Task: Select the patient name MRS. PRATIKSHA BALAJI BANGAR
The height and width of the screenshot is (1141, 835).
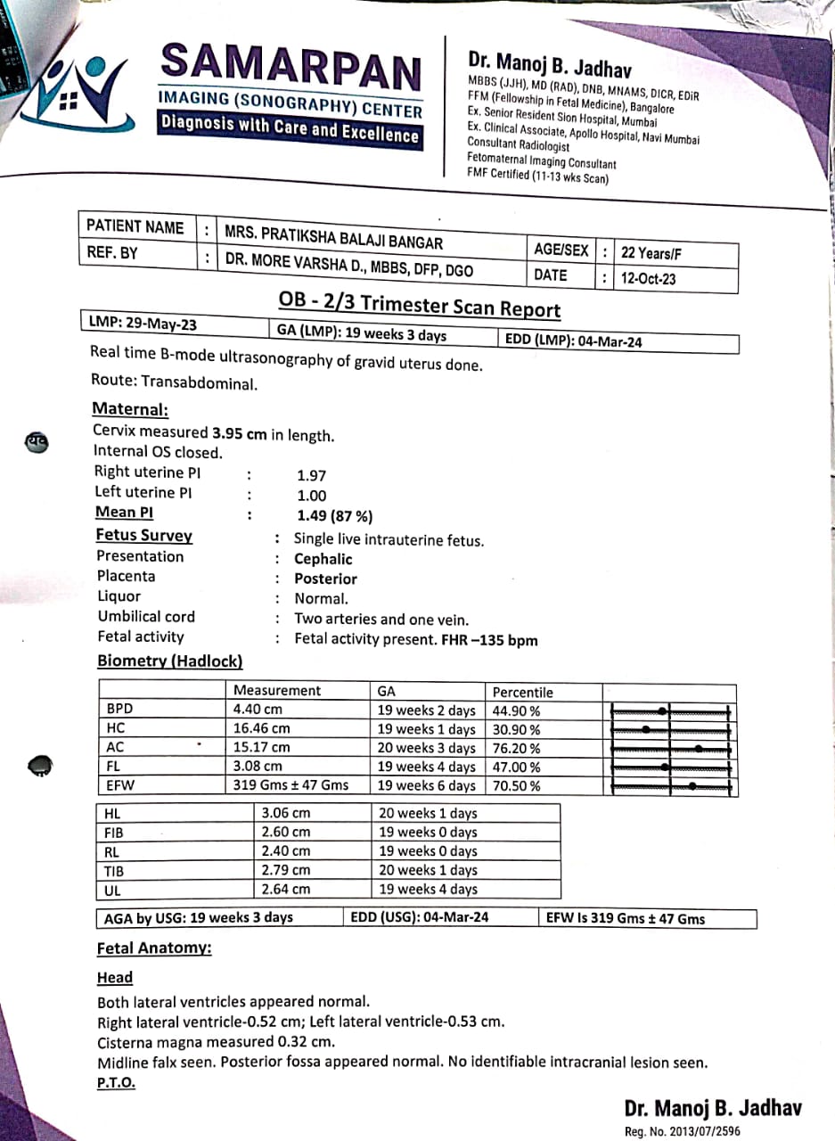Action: coord(333,236)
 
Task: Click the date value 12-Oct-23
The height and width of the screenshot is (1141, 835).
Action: coord(648,278)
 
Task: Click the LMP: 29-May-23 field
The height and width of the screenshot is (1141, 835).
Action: coord(143,324)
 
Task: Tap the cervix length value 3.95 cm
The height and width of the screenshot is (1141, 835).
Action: coord(239,434)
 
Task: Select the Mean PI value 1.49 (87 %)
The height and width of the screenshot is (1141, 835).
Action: coord(334,516)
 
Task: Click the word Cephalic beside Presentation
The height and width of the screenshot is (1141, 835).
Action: coord(323,560)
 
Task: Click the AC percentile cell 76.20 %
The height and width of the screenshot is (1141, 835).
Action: coord(517,749)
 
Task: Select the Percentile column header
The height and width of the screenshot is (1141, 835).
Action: coord(523,692)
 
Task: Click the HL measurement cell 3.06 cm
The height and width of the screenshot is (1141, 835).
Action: coord(285,813)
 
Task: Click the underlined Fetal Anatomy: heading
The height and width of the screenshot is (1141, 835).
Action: coord(154,948)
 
